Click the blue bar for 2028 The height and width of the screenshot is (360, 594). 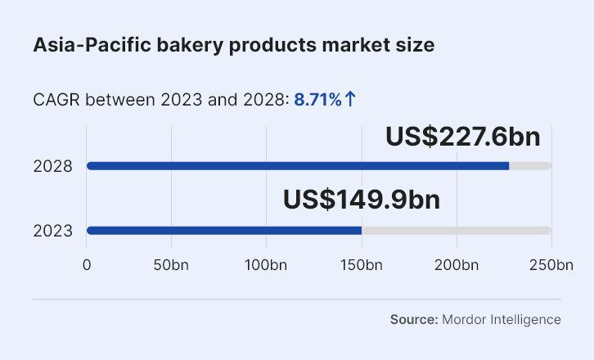(x=298, y=166)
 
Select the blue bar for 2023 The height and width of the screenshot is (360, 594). (x=224, y=231)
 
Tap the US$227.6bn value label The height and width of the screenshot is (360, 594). (x=462, y=136)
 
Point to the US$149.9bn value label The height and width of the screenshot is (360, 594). (x=361, y=200)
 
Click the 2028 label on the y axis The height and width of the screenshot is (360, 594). (x=52, y=166)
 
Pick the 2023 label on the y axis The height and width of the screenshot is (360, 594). (x=52, y=231)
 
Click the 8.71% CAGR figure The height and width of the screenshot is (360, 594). (x=317, y=100)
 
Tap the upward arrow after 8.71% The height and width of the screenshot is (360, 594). (x=350, y=100)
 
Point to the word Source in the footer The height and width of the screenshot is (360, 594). (x=413, y=319)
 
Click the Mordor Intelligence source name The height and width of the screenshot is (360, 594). (x=502, y=319)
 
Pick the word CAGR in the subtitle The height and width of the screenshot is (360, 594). (x=56, y=100)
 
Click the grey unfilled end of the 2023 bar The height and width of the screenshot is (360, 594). (x=457, y=231)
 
